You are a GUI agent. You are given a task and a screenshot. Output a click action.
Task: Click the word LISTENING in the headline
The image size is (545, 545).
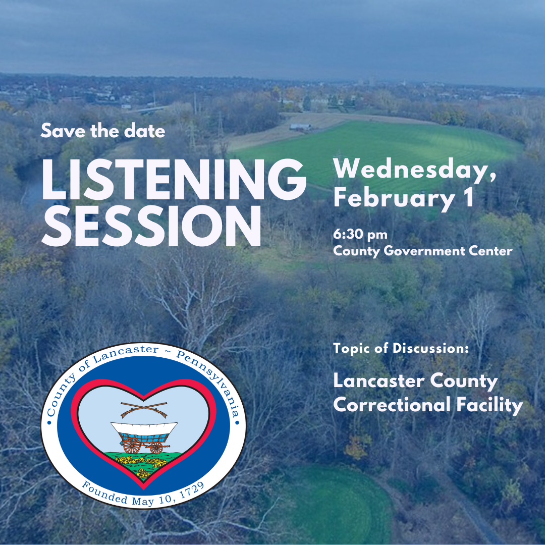[174, 180]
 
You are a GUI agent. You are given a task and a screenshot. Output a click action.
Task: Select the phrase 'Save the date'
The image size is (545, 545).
[103, 132]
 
